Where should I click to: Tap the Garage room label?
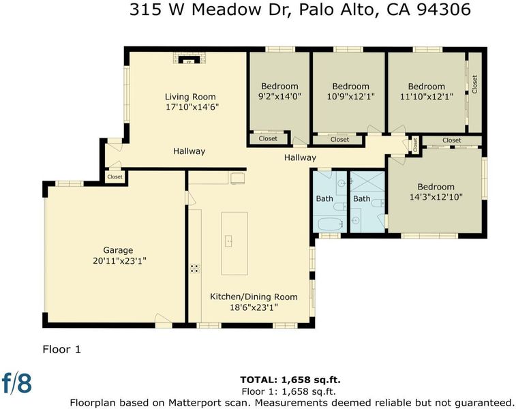118,250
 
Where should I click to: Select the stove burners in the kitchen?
194,269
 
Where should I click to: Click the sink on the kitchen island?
229,241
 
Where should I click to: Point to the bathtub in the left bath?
329,224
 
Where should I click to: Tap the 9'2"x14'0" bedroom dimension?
279,96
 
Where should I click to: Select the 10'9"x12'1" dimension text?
351,97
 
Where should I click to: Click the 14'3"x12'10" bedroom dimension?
436,197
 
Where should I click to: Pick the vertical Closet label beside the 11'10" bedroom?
474,85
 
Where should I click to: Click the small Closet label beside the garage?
115,177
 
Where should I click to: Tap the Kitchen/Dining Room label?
254,297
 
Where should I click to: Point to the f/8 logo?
17,383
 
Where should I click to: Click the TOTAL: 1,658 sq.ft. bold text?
290,380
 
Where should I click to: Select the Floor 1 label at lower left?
61,349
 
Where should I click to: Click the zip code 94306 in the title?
444,10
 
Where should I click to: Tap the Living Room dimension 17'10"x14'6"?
192,107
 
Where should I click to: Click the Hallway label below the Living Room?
189,151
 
